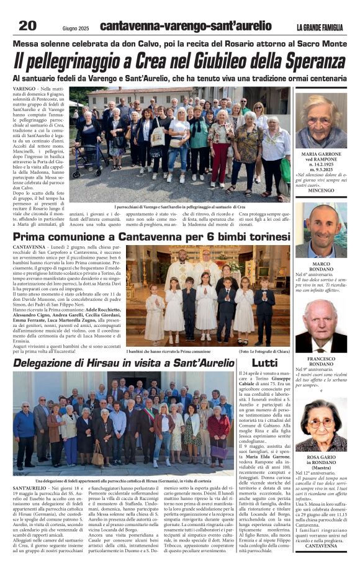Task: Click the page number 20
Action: tap(28, 25)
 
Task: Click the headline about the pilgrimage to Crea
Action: tap(179, 61)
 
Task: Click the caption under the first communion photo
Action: tap(169, 351)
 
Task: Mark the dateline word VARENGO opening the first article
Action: tap(25, 89)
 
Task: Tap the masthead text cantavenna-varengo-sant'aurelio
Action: tap(186, 26)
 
